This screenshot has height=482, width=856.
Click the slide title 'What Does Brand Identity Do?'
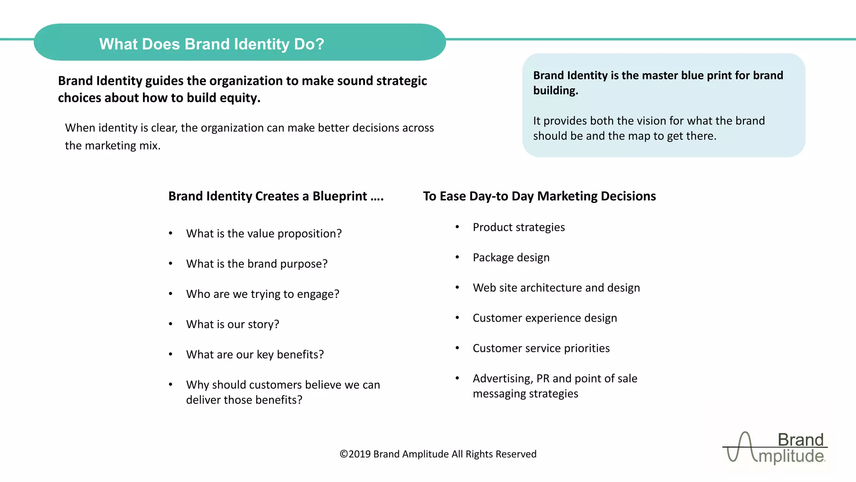click(x=211, y=44)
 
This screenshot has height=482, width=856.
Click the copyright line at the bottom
click(x=438, y=454)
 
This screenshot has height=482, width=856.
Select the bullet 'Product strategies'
click(x=518, y=227)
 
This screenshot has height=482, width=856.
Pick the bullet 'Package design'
click(x=511, y=257)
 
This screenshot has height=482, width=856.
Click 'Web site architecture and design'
click(x=556, y=288)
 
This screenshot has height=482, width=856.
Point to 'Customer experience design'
click(x=545, y=318)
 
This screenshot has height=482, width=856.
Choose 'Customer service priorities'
click(x=541, y=348)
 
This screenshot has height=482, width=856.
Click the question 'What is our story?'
click(x=232, y=324)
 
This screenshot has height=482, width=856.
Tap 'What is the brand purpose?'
click(x=257, y=264)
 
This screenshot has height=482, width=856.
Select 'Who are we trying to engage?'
click(x=262, y=294)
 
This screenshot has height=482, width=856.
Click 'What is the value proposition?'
click(x=264, y=233)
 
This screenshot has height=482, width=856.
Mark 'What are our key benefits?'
click(x=255, y=354)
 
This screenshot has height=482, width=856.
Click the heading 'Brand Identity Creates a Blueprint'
click(x=275, y=196)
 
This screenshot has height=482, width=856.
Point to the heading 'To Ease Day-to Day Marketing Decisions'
click(x=539, y=196)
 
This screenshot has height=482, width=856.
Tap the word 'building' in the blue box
click(x=555, y=91)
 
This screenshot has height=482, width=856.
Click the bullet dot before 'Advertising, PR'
click(x=457, y=378)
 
